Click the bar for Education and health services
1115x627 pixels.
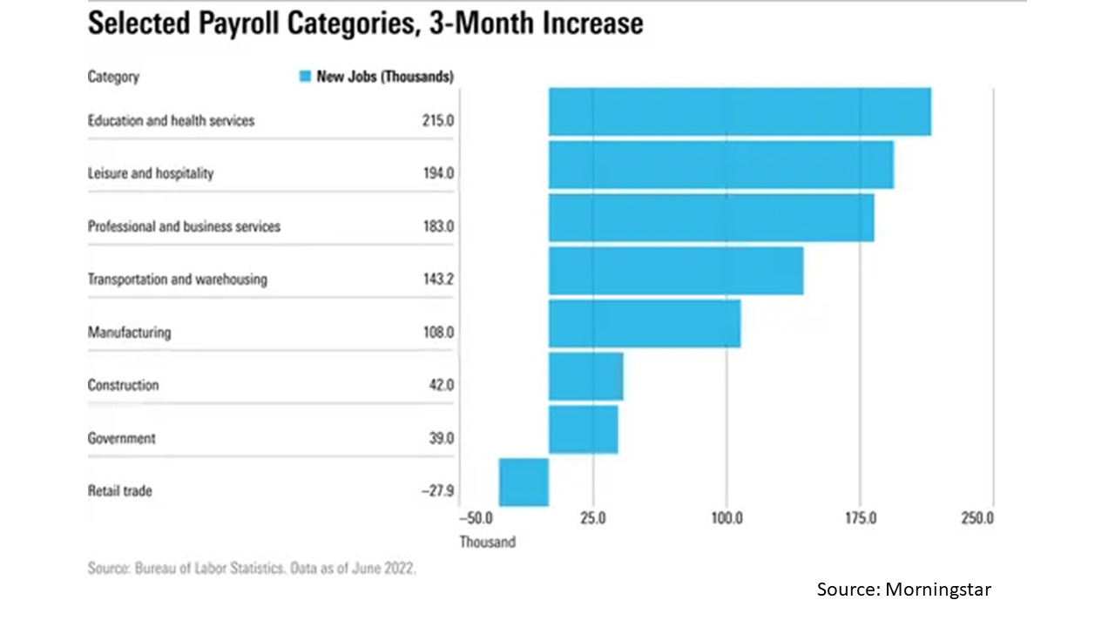tap(739, 111)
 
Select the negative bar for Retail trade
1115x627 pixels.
tap(524, 482)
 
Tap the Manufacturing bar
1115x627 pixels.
tap(644, 323)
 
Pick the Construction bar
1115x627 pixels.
tap(585, 376)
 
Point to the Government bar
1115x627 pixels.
tap(583, 429)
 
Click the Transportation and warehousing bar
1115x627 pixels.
tap(675, 271)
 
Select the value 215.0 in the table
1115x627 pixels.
tap(437, 121)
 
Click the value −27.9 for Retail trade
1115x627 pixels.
tap(437, 491)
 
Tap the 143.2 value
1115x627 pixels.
tap(437, 280)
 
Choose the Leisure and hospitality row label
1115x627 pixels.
tap(150, 173)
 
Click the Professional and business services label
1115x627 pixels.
tap(184, 226)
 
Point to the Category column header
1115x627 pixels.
tap(113, 77)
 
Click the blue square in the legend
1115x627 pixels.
tap(304, 77)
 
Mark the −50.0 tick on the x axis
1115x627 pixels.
tap(476, 518)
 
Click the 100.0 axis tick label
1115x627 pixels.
tap(726, 518)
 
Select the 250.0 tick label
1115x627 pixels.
tap(977, 518)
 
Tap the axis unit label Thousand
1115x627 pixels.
tap(487, 542)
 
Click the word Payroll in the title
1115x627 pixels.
tap(261, 24)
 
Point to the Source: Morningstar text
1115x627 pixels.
tap(903, 590)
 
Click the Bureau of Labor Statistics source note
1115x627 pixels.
tap(252, 569)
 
